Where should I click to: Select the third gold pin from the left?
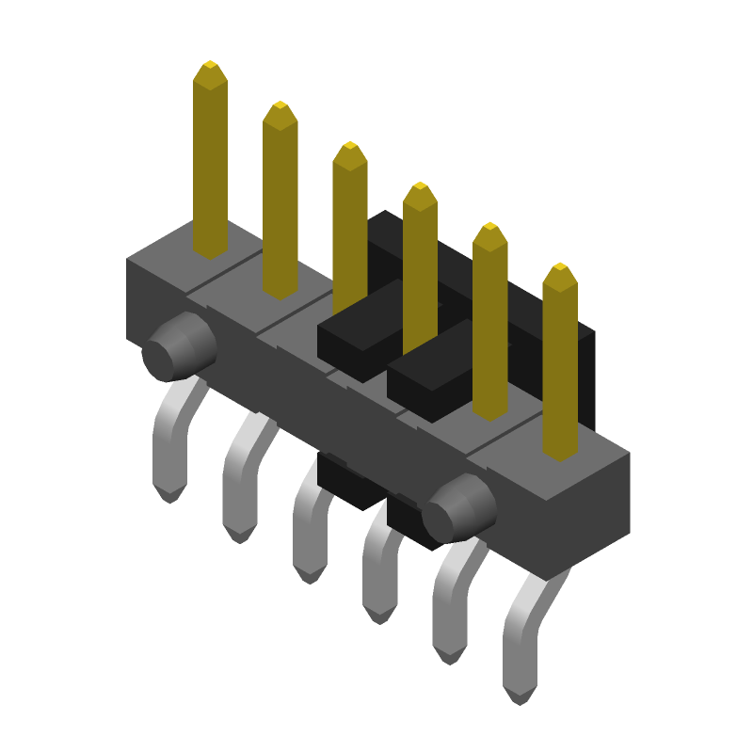349,226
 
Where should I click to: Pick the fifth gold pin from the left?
489,320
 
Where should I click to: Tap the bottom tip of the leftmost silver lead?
168,495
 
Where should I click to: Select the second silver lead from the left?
241,480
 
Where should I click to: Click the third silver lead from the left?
310,527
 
